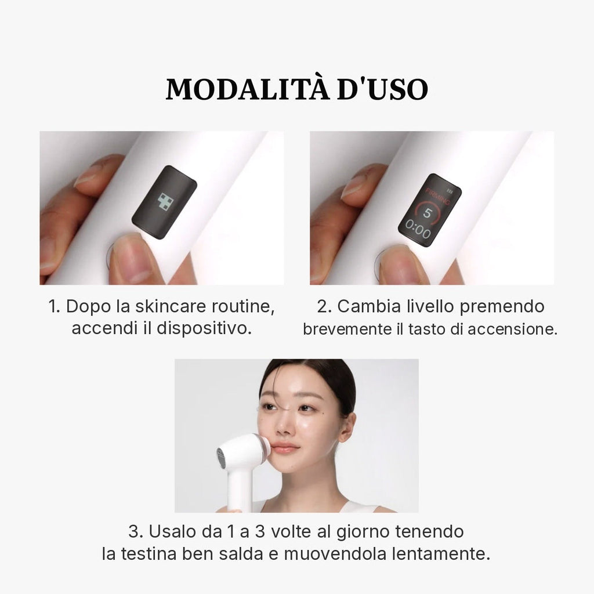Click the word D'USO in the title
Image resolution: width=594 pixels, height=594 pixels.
click(383, 89)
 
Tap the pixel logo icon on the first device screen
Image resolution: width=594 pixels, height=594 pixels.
click(165, 201)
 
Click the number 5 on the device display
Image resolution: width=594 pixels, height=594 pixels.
click(427, 213)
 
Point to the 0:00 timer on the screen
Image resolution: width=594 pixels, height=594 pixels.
click(418, 229)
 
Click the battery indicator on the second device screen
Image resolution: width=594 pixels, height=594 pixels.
click(450, 191)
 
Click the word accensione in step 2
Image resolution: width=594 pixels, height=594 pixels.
click(513, 329)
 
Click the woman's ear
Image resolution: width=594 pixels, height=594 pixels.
click(347, 426)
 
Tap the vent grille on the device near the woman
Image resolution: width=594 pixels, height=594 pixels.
click(221, 458)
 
